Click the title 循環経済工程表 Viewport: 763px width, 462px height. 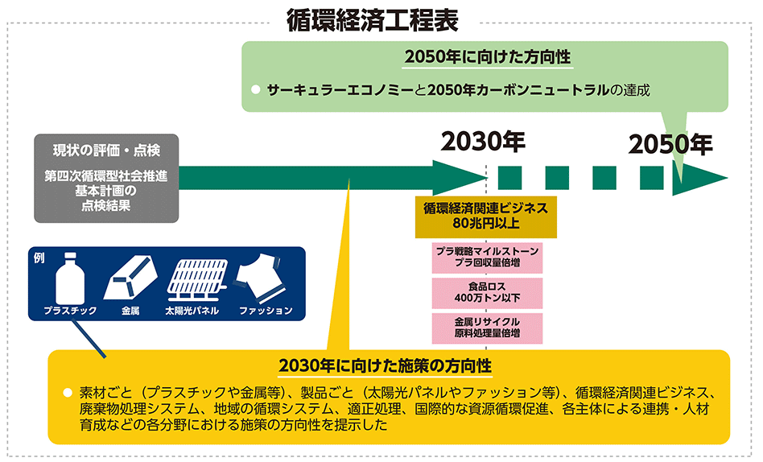point(372,20)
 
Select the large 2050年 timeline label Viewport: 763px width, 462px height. point(671,144)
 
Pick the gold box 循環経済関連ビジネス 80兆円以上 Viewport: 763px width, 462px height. point(485,215)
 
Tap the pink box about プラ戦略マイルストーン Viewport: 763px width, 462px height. point(486,257)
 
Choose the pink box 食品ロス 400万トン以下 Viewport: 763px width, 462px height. point(486,291)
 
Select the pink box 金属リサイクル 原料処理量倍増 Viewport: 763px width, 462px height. point(486,326)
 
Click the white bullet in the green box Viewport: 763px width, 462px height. point(255,90)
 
